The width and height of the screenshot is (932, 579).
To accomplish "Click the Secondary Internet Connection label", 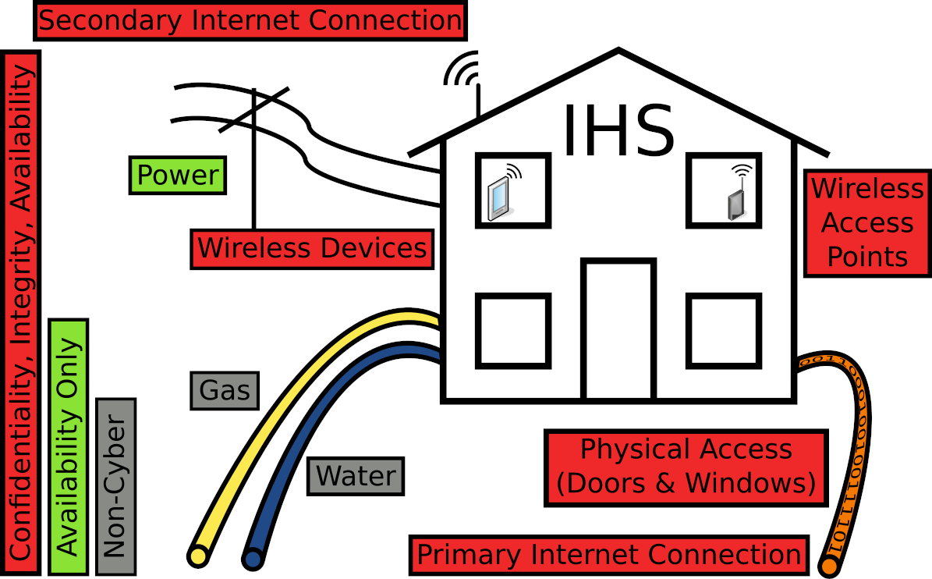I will tap(250, 21).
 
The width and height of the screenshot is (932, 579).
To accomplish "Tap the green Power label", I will tap(178, 176).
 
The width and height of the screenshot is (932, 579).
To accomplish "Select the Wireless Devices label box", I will tap(312, 249).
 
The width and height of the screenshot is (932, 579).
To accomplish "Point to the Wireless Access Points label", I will tap(867, 223).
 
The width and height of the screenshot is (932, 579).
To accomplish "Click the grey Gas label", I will tap(225, 390).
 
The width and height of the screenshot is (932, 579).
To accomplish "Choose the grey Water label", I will tap(356, 475).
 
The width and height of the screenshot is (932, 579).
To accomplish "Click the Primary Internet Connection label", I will tap(609, 555).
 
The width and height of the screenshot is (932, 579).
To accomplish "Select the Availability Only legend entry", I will tap(69, 447).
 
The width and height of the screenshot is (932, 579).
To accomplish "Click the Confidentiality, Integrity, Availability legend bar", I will tap(21, 312).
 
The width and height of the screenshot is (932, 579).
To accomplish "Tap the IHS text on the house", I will tap(618, 131).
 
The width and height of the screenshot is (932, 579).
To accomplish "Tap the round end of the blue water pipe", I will tap(252, 559).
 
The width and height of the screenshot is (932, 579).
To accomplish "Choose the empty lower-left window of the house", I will tap(513, 331).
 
